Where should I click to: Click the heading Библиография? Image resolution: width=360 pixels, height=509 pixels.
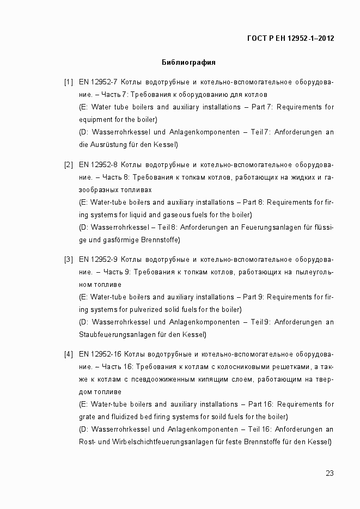(x=188, y=62)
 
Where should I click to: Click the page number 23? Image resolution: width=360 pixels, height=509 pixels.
(x=330, y=473)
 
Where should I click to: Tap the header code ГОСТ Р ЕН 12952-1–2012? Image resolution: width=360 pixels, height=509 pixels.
(x=290, y=38)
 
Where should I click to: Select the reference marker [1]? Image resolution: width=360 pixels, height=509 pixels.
(x=68, y=83)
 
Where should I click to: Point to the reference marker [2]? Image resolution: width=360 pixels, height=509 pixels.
(x=68, y=165)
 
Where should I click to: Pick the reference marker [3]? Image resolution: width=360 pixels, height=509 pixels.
(x=68, y=259)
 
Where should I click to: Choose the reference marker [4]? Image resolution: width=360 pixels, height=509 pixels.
(x=68, y=354)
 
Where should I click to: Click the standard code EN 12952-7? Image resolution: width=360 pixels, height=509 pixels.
(x=99, y=83)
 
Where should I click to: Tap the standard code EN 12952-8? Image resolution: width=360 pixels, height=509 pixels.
(x=99, y=165)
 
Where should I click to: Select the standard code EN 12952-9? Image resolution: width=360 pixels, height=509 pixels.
(x=99, y=259)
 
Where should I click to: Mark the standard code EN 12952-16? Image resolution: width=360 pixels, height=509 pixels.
(x=101, y=354)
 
